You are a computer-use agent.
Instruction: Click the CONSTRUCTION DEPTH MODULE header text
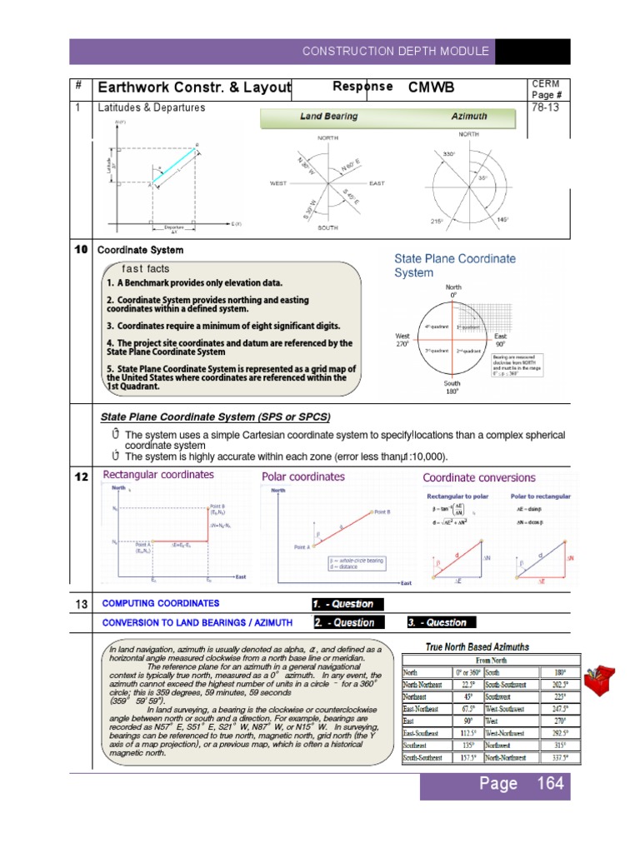(x=395, y=52)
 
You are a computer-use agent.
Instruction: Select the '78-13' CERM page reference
(x=545, y=108)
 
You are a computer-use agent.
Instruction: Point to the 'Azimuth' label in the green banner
(x=469, y=118)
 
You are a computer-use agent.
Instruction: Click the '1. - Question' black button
(x=343, y=604)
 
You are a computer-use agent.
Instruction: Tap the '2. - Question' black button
(x=344, y=622)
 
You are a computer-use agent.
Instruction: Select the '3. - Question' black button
(x=437, y=622)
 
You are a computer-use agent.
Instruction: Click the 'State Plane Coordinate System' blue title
(x=454, y=266)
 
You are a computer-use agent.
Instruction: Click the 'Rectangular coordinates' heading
(x=157, y=475)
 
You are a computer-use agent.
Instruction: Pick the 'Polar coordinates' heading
(x=303, y=476)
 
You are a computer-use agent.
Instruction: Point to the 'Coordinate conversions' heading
(x=479, y=477)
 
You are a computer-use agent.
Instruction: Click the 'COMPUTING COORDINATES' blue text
(x=161, y=603)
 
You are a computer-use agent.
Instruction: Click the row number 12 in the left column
(x=82, y=476)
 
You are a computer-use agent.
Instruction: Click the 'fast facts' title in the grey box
(x=146, y=269)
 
